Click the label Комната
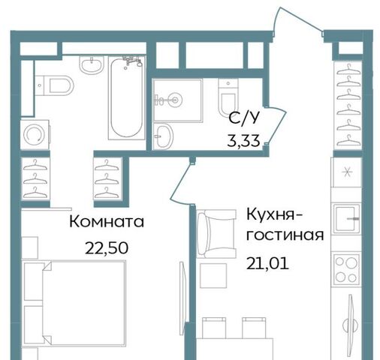click(x=107, y=222)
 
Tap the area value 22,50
click(x=107, y=248)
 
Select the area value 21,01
click(x=267, y=264)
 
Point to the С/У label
click(x=243, y=118)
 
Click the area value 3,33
click(x=243, y=141)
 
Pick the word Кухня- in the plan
click(x=275, y=215)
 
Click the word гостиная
click(x=285, y=235)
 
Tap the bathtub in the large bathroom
click(x=127, y=97)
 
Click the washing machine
click(x=35, y=134)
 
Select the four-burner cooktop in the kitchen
click(x=346, y=270)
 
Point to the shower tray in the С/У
click(x=177, y=100)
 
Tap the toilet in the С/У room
click(x=228, y=98)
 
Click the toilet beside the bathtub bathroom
click(x=55, y=85)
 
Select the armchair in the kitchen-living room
click(x=216, y=234)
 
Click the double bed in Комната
click(x=74, y=303)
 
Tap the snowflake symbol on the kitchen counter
click(x=347, y=172)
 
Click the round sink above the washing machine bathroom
click(x=92, y=64)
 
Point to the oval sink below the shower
click(x=163, y=136)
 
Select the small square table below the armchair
click(x=213, y=275)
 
